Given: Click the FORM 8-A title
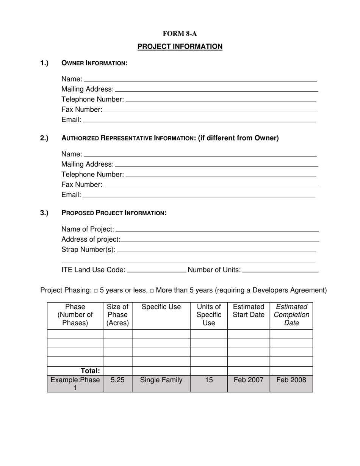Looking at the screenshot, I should pos(180,34).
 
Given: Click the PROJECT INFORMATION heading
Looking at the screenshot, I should pos(180,47).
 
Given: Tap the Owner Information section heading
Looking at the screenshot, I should pos(94,63).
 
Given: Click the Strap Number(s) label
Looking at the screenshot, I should pos(88,250).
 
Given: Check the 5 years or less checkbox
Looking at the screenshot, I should pos(96,291).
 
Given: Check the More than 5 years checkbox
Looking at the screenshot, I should pos(152,291).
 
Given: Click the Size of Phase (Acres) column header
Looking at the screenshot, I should pos(117,315).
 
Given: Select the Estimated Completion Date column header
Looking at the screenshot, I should pos(291,315).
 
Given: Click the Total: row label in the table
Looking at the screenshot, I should pos(90,371).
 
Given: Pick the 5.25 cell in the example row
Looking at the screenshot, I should pos(117,380).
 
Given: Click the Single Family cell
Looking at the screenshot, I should pos(161,380).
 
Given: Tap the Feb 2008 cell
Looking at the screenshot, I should pos(291,380).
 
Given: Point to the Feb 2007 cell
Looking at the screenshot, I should pos(249,380).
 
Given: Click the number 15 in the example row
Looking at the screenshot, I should pos(209,380).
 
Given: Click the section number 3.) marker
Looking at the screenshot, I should pos(44,213).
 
